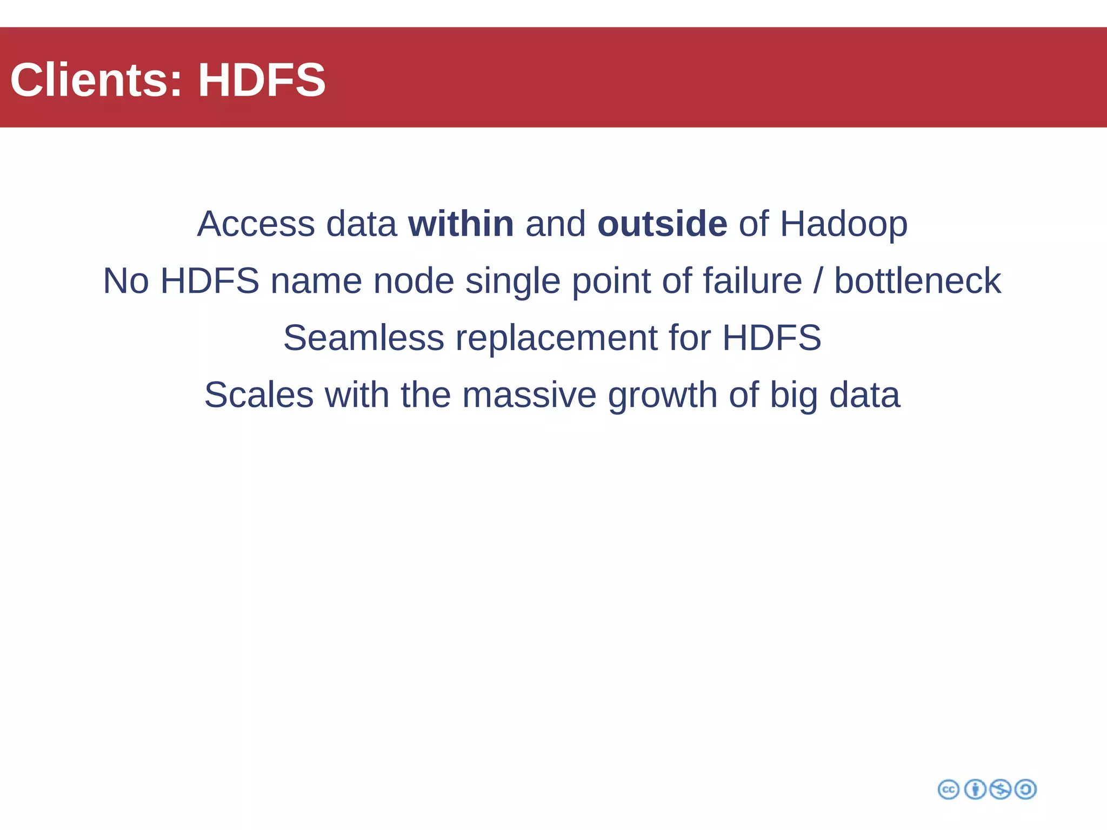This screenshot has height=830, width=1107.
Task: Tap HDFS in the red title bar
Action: pyautogui.click(x=262, y=80)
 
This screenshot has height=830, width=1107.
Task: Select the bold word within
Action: pyautogui.click(x=461, y=224)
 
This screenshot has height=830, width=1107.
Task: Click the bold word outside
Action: pyautogui.click(x=662, y=224)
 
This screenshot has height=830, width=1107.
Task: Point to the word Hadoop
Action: pyautogui.click(x=843, y=225)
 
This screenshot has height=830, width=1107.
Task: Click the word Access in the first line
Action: pyautogui.click(x=256, y=224)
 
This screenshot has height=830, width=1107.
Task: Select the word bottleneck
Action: pyautogui.click(x=917, y=281)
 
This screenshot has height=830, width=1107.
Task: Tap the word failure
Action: pyautogui.click(x=752, y=281)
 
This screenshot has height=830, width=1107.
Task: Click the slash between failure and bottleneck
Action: pyautogui.click(x=818, y=281)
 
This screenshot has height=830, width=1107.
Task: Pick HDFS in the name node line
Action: pyautogui.click(x=210, y=281)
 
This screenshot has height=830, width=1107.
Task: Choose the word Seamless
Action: pyautogui.click(x=363, y=338)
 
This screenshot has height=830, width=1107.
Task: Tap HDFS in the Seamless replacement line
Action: pyautogui.click(x=771, y=338)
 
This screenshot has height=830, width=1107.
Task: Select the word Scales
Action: pyautogui.click(x=259, y=395)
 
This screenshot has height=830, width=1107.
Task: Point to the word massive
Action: pyautogui.click(x=529, y=395)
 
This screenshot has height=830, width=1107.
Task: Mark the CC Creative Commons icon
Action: pyautogui.click(x=948, y=789)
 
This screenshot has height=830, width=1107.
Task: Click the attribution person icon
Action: pyautogui.click(x=975, y=789)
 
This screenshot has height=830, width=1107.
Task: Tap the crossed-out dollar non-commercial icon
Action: pyautogui.click(x=1000, y=789)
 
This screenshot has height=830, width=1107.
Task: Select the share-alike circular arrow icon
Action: pyautogui.click(x=1025, y=789)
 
